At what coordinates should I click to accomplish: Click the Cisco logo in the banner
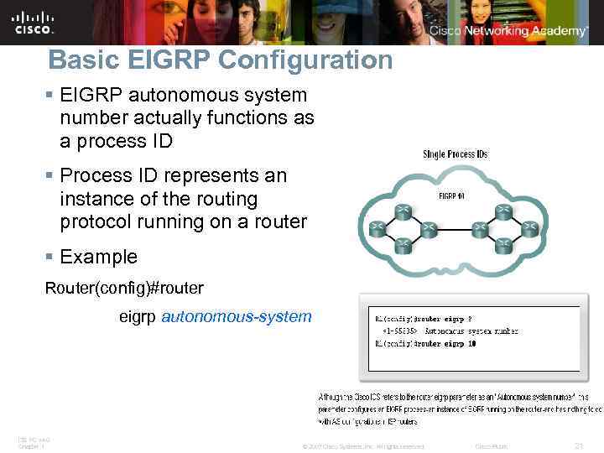(34, 23)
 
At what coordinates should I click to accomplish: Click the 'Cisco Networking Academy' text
(508, 30)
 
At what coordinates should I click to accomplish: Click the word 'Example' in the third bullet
(98, 256)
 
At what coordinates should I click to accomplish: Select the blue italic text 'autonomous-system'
(236, 316)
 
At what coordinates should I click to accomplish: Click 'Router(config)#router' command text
(124, 288)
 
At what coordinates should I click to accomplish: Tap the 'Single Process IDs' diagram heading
(456, 154)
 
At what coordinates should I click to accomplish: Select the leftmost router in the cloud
(377, 226)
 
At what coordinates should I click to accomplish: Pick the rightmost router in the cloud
(528, 226)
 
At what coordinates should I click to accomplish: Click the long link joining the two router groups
(453, 226)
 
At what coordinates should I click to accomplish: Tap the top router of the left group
(404, 210)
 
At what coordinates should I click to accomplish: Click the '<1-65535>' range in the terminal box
(401, 331)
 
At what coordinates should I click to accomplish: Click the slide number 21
(576, 445)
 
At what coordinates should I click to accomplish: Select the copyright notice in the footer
(362, 445)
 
